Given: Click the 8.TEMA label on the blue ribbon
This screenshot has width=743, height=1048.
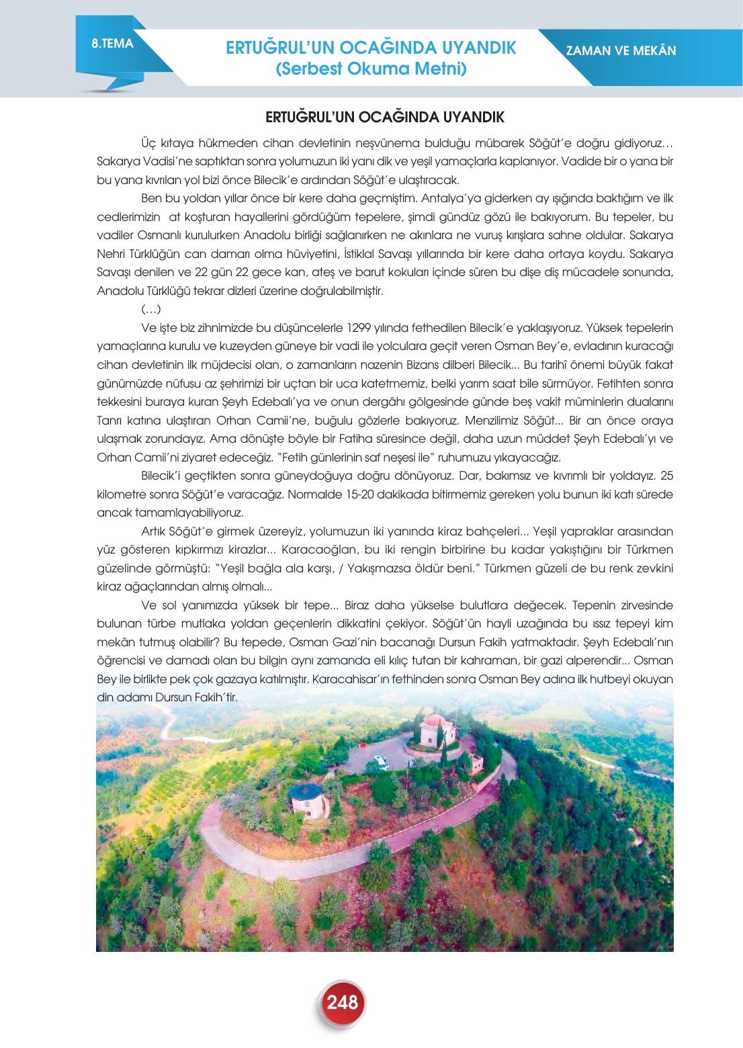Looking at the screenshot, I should click(112, 44).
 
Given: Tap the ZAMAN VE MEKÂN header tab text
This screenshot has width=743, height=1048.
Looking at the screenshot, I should click(621, 51).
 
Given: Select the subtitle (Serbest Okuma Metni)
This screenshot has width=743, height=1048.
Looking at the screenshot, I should click(371, 69).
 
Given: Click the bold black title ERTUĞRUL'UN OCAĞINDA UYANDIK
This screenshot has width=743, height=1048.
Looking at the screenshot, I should click(384, 118).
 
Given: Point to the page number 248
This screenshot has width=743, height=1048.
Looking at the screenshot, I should click(342, 1002).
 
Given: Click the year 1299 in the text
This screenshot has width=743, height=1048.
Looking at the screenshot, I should click(359, 328).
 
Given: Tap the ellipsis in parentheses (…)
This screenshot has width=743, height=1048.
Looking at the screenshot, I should click(151, 310).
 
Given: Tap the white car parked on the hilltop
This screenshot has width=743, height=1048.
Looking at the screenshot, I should click(381, 762).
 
